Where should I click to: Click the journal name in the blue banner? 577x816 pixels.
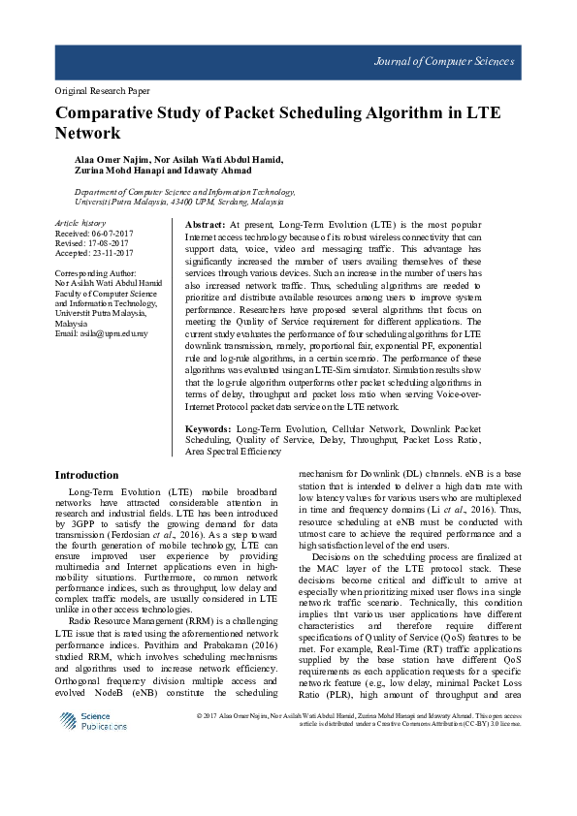pos(444,62)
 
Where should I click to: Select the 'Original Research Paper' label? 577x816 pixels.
pos(102,91)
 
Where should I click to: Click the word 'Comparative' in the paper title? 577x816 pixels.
pos(108,113)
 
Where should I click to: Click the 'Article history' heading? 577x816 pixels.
pos(80,224)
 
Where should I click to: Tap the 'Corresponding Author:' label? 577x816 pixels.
pos(95,274)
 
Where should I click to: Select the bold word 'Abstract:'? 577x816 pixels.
pos(206,224)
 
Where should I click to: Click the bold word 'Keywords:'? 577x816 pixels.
pos(208,427)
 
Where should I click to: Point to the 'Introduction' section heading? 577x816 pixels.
pos(87,475)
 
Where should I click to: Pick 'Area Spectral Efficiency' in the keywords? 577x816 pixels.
pos(234,451)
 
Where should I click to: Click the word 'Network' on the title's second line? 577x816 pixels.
pos(87,134)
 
